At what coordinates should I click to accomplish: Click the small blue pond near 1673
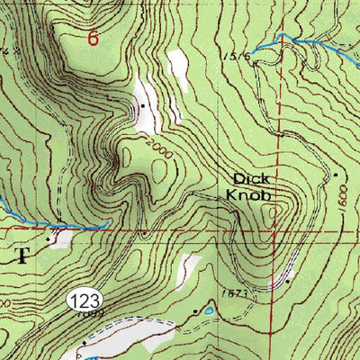point(210,310)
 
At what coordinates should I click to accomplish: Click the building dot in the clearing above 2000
point(142,106)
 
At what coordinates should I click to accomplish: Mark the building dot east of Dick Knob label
point(335,174)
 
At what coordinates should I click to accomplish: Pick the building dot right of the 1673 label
point(287,282)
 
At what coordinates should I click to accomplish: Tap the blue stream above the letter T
point(54,224)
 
